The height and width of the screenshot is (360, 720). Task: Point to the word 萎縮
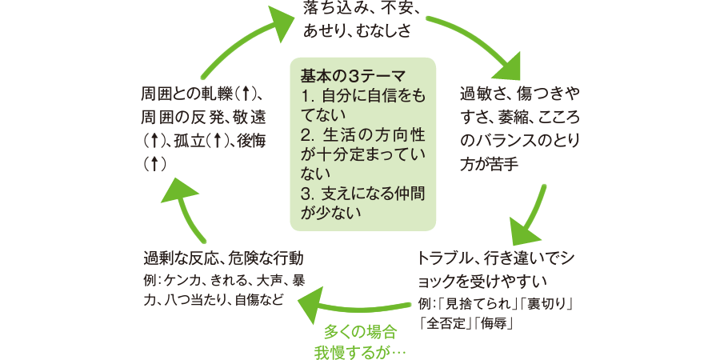(x=519, y=118)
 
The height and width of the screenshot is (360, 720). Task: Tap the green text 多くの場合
(x=360, y=330)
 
